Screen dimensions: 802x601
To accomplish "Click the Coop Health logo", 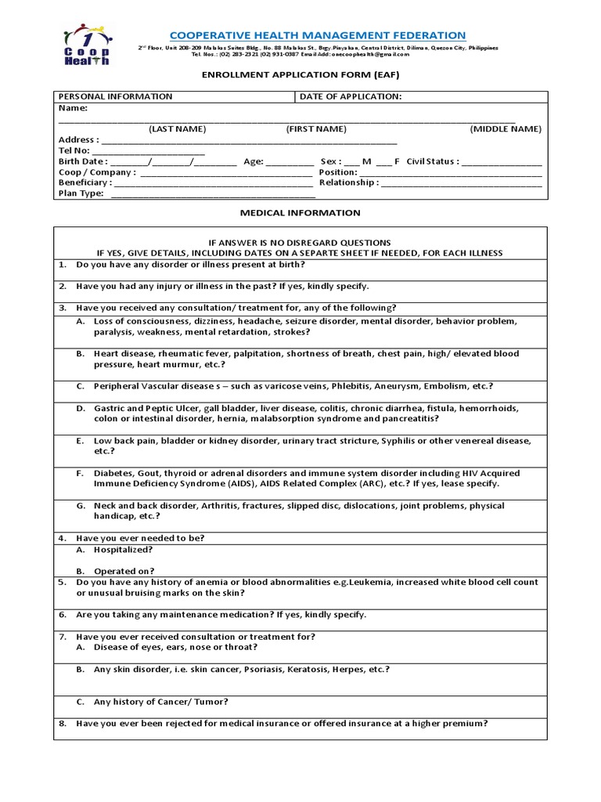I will (85, 45).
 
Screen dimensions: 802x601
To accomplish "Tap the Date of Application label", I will (351, 96).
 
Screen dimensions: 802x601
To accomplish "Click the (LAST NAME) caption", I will (178, 128).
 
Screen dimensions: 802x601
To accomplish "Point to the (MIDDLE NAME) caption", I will (505, 128).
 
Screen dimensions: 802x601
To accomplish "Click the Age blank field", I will (290, 162).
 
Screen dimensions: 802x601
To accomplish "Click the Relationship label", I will (348, 182).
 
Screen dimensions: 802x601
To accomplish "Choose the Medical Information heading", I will (300, 212).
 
